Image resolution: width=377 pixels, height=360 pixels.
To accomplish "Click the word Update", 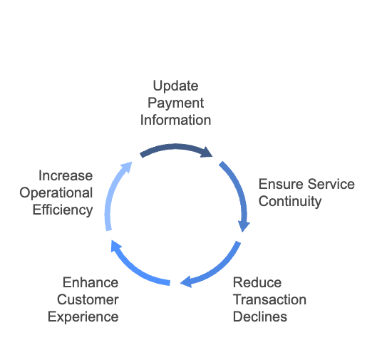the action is pyautogui.click(x=175, y=86).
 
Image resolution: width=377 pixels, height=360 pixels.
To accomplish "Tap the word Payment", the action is pyautogui.click(x=175, y=103).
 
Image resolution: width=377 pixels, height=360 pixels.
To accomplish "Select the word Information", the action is pyautogui.click(x=175, y=120).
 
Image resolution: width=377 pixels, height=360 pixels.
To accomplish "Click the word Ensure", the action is pyautogui.click(x=282, y=184).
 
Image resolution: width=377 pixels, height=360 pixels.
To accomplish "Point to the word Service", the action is pyautogui.click(x=331, y=184).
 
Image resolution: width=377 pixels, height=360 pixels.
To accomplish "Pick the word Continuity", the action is pyautogui.click(x=290, y=201).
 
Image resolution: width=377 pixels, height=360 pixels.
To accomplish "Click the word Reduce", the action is pyautogui.click(x=257, y=282).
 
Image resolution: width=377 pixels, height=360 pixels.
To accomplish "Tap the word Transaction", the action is pyautogui.click(x=269, y=299).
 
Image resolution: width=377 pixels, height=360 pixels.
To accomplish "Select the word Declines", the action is pyautogui.click(x=260, y=317).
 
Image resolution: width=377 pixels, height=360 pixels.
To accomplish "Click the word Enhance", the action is pyautogui.click(x=91, y=282).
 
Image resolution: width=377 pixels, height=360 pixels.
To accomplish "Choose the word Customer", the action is pyautogui.click(x=88, y=299).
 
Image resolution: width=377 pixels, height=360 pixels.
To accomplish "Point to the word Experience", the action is pyautogui.click(x=83, y=317).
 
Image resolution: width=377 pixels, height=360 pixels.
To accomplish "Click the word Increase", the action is pyautogui.click(x=66, y=175).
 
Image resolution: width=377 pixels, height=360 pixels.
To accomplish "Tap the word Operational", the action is pyautogui.click(x=56, y=193).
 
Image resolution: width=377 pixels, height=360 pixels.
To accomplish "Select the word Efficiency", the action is pyautogui.click(x=63, y=210).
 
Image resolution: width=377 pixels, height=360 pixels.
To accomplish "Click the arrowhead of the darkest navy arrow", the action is pyautogui.click(x=207, y=153).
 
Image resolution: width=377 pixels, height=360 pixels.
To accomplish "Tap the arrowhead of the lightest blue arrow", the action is pyautogui.click(x=127, y=167).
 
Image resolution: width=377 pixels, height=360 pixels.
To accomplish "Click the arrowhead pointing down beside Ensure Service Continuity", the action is pyautogui.click(x=244, y=226).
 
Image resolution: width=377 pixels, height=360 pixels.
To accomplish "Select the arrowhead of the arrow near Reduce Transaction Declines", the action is pyautogui.click(x=186, y=282).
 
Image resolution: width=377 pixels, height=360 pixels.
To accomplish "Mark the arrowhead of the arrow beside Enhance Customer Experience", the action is pyautogui.click(x=115, y=246).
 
